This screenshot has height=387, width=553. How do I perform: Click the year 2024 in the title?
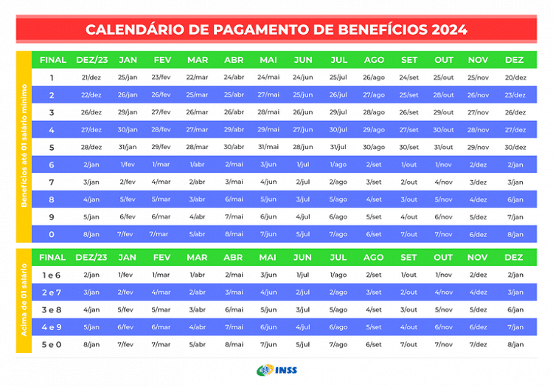pos(439,30)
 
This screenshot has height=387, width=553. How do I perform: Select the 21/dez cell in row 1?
pos(91,78)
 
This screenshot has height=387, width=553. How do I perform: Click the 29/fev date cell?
pos(161,147)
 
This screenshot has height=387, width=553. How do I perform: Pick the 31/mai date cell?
pos(268,147)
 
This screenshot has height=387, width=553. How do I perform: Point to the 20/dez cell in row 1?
pos(515,78)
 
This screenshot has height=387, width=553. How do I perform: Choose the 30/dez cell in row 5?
pos(515,147)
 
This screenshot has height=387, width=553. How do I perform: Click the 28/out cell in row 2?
pos(444,95)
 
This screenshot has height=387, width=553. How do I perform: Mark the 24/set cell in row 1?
pos(409,78)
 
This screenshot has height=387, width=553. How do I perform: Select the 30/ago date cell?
pos(374,147)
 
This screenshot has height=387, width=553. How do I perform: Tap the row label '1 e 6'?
pos(52,275)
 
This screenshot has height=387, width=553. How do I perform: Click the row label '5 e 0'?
pos(52,344)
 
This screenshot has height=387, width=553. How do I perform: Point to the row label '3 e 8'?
pos(52,309)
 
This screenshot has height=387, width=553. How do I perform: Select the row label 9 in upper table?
pos(52,216)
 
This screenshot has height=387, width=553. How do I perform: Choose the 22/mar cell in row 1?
pos(197,78)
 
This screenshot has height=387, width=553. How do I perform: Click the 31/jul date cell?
pos(338,147)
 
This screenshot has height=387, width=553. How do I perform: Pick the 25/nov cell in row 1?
pos(478,78)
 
